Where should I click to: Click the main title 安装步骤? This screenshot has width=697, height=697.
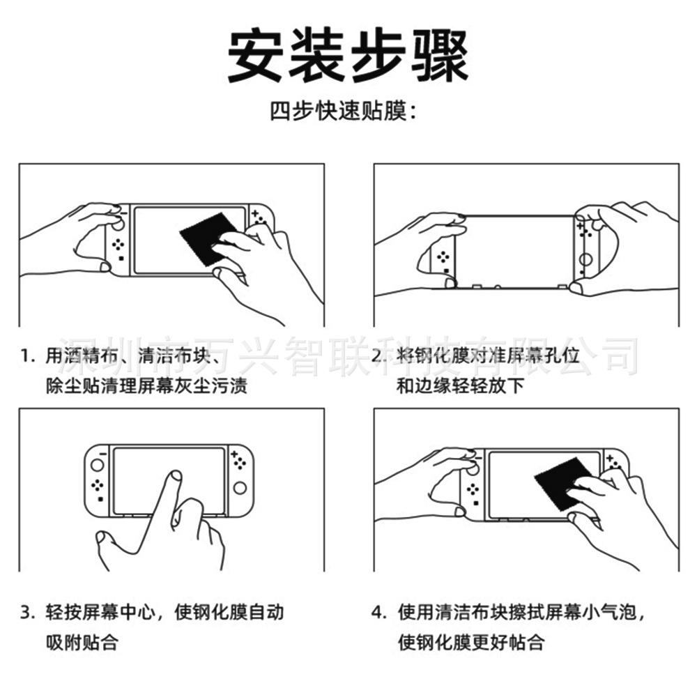click(348, 56)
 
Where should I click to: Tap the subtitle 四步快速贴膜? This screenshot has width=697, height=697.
click(344, 112)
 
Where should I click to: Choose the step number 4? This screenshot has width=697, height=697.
click(377, 613)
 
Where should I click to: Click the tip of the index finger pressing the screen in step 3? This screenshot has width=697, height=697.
click(175, 477)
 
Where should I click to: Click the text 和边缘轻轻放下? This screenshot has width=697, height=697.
click(460, 385)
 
